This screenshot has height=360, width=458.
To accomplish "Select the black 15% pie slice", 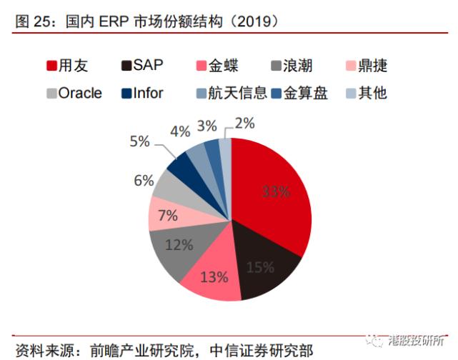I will pos(261,266).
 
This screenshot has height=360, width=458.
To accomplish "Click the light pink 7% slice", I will pos(167,214).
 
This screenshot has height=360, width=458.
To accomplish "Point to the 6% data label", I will pos(144,181).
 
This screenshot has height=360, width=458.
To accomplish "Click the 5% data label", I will pos(140,141).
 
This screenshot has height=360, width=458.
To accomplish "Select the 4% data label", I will pos(180,131).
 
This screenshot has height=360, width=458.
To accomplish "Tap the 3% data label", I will pos(207,126).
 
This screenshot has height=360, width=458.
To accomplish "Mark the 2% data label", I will pos(244,123).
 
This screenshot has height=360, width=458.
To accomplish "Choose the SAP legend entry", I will pos(142,66).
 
